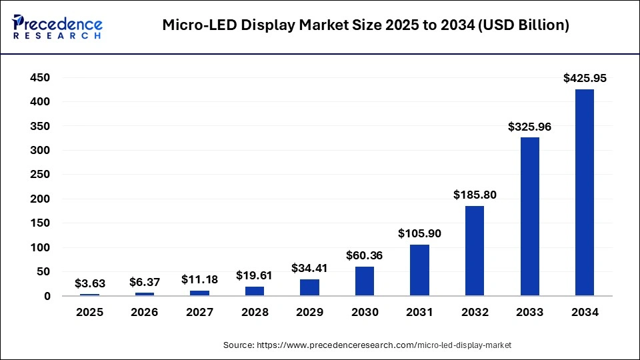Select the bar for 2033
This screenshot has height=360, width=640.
coord(530,217)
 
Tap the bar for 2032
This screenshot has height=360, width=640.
coord(475,251)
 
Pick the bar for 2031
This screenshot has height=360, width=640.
coord(420,270)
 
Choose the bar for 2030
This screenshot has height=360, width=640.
coord(365,281)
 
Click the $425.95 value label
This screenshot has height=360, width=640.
coord(585,78)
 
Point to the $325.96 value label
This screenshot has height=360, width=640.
coord(530,126)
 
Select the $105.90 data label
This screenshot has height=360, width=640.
coord(420,233)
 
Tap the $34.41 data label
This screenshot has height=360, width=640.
coord(310,268)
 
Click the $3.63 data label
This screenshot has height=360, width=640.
coord(89,283)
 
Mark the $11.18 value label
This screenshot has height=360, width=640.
coord(200,279)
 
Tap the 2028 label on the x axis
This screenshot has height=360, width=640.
coord(255,312)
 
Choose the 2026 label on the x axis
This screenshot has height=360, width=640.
coord(145,312)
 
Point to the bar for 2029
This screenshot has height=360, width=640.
coord(310,287)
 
